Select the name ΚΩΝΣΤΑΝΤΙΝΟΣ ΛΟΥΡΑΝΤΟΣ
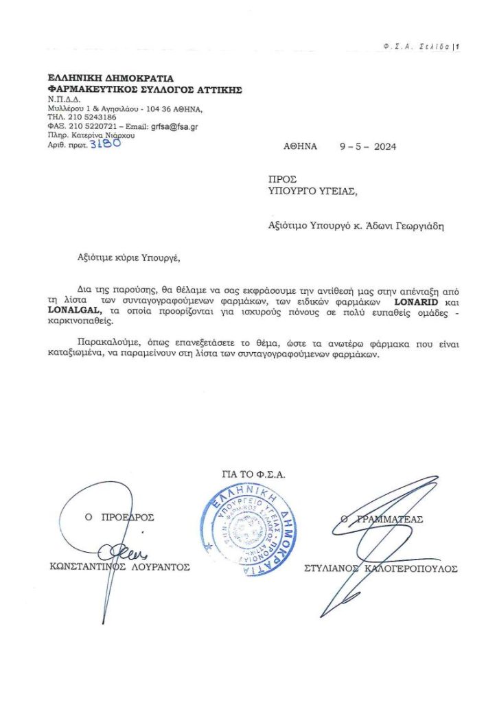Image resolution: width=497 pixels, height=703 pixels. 119,567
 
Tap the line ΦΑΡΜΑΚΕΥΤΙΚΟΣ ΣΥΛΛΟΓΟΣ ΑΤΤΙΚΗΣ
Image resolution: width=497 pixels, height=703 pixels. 144,89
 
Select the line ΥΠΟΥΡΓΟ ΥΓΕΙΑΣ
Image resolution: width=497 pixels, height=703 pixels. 312,190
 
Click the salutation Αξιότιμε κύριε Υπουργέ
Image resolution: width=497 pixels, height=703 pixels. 128,259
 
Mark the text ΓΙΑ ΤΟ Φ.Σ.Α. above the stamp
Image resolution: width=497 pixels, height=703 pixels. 253,473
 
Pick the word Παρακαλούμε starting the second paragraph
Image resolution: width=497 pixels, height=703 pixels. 103,346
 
